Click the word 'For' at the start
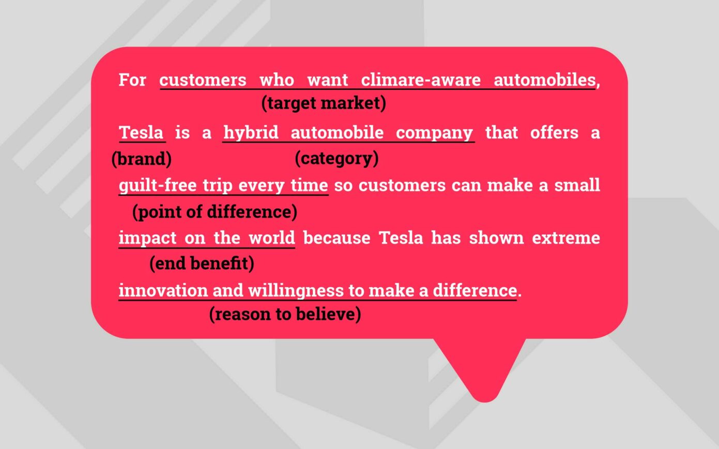[x=132, y=80]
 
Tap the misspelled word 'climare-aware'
[x=420, y=80]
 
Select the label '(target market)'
[x=324, y=103]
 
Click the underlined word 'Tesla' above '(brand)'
[x=141, y=132]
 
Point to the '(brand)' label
[x=141, y=159]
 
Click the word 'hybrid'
[x=251, y=132]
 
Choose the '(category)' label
[x=336, y=158]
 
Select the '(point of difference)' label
[x=215, y=211]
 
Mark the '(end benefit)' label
[x=202, y=264]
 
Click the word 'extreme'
[x=566, y=238]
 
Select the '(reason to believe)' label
[x=285, y=314]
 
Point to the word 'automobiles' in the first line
[x=545, y=80]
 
